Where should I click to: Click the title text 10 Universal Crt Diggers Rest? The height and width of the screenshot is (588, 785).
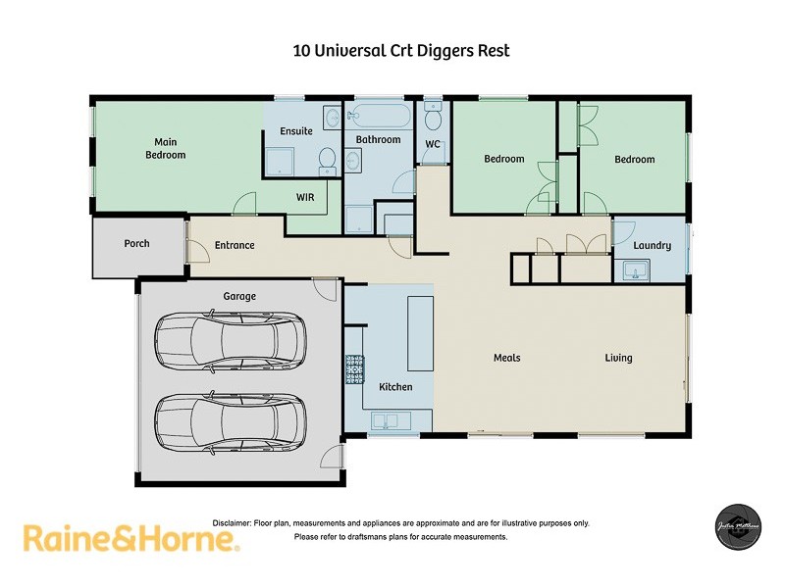point(401,51)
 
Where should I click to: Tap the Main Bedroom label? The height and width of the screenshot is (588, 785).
point(165,148)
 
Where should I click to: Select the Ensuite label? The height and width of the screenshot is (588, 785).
point(295,131)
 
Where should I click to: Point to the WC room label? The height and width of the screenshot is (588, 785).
point(432,145)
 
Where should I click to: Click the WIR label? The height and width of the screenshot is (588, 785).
point(305,197)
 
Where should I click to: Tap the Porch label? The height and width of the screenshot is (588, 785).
point(137,243)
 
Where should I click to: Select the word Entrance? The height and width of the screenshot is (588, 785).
point(235,245)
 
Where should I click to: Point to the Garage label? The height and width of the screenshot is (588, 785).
point(238,296)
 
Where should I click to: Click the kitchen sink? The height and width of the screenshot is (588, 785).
point(390,420)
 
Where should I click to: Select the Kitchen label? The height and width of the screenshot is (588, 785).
point(395,387)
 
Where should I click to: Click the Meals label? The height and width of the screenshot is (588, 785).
point(506,358)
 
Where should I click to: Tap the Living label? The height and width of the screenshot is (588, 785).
point(618,358)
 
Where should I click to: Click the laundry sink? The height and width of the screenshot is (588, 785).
point(633,269)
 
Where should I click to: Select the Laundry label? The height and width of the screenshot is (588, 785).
point(653,245)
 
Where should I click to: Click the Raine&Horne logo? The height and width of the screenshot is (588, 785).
point(131,538)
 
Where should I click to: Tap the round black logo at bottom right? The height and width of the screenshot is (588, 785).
point(736,526)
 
